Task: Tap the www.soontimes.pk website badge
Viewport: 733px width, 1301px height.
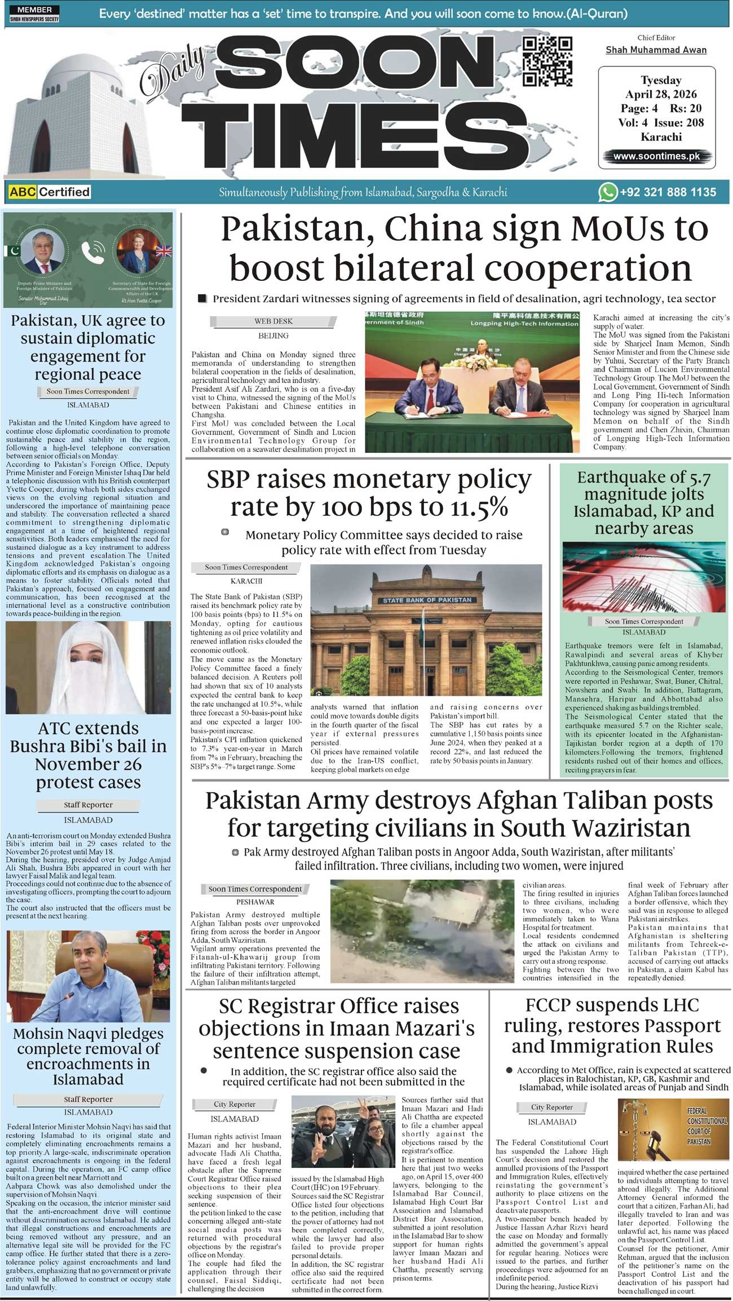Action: pos(656,156)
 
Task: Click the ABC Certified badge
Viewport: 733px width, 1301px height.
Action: pos(50,192)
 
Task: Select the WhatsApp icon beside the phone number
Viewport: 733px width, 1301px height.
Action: pos(607,192)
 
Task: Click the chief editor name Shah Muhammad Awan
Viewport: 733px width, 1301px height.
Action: pos(656,50)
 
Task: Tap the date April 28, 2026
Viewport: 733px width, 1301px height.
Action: pos(661,94)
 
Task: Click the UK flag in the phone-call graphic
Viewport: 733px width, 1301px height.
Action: pos(164,251)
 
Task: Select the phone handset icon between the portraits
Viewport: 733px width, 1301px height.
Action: pos(92,253)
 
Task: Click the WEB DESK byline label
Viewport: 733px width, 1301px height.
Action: pos(273,321)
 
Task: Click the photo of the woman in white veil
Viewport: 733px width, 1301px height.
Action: pos(89,667)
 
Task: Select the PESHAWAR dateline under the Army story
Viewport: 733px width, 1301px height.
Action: pos(255,902)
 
